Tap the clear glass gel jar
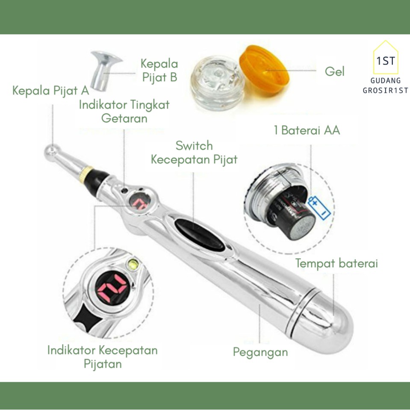(x=218, y=83)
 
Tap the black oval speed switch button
(x=199, y=235)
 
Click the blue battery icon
(x=319, y=208)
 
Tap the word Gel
(x=334, y=71)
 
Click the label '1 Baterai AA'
(x=307, y=130)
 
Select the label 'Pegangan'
(x=260, y=352)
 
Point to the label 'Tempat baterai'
(x=336, y=263)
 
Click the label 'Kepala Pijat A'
(x=51, y=91)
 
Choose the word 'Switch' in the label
(x=194, y=146)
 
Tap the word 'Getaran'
(x=124, y=118)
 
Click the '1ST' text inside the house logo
(x=386, y=61)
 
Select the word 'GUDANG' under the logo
(x=386, y=80)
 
